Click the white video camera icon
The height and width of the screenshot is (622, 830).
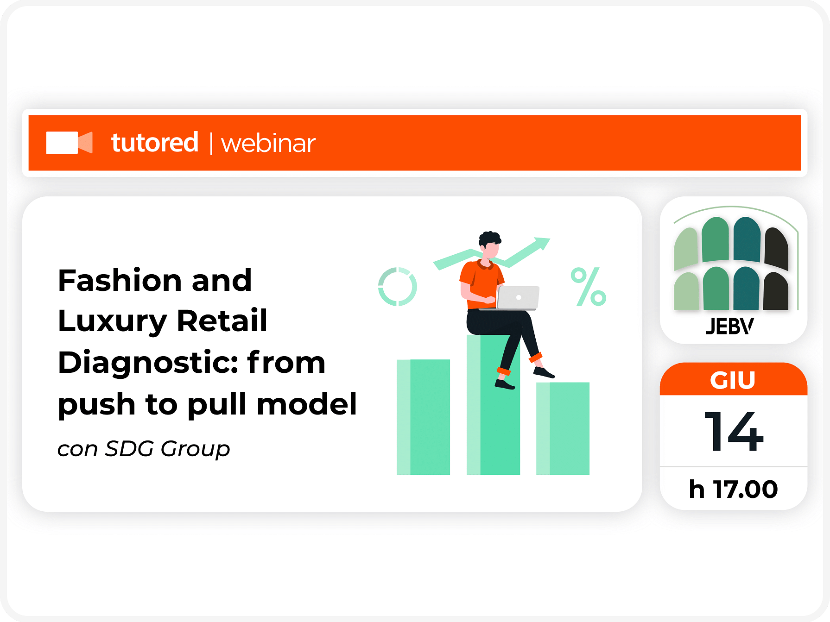coord(70,142)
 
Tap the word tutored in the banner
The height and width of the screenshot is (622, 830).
coord(155,142)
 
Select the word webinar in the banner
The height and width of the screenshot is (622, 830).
coord(268,143)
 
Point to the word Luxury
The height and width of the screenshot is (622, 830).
coord(113,321)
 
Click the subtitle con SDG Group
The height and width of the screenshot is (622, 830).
coord(144,448)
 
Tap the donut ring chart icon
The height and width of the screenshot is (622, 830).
coord(398,287)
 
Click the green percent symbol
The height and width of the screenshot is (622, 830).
coord(589,287)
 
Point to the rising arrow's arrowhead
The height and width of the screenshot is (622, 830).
coord(542,243)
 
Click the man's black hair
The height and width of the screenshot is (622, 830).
coord(489,239)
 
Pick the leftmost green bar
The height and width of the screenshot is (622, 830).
coord(423,417)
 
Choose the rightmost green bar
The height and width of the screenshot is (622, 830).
coord(563,428)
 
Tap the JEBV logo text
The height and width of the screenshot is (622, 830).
coord(730,327)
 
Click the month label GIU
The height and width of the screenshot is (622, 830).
coord(733,380)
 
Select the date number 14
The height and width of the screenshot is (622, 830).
coord(734,431)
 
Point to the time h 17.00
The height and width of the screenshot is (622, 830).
coord(733,489)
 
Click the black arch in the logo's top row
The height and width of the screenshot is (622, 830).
coord(777,248)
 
